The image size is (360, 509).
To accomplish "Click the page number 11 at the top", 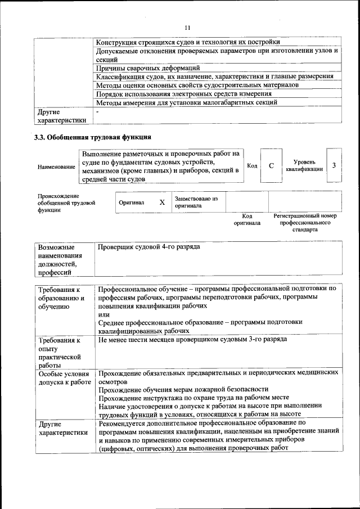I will [x=188, y=28].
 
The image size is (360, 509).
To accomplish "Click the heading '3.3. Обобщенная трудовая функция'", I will [x=93, y=137].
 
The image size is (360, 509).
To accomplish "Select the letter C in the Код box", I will [x=271, y=166].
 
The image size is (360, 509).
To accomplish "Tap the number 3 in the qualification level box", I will [x=334, y=165].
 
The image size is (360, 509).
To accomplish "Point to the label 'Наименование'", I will [x=56, y=167].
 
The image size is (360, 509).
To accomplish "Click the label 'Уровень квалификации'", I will [x=304, y=165].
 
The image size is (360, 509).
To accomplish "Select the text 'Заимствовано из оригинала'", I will [x=196, y=202].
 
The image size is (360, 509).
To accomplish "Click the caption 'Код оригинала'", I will [x=247, y=219].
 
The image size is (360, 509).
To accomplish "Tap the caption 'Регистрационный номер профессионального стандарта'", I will [x=304, y=223].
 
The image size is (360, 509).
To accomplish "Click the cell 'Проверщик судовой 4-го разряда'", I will [x=148, y=247].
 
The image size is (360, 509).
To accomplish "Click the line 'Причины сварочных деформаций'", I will [x=148, y=67].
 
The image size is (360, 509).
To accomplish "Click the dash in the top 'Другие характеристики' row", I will [x=98, y=112].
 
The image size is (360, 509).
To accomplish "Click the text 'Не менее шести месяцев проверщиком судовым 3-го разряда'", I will [x=192, y=340].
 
